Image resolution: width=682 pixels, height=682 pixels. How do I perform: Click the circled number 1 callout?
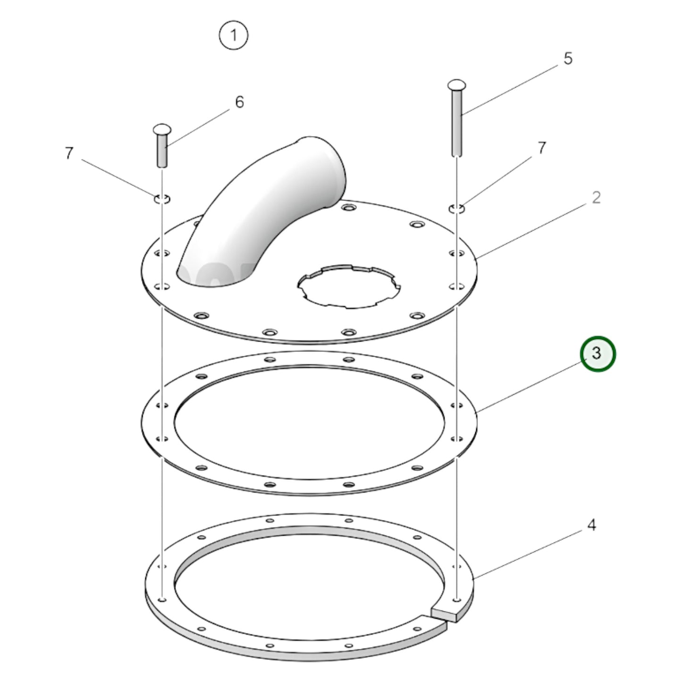point(233,35)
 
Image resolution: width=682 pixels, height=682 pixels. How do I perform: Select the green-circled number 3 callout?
point(597,354)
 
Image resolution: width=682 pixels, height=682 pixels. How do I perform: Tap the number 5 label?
point(568,59)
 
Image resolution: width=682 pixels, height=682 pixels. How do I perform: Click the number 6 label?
point(239,102)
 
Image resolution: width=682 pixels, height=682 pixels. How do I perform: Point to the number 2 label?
point(596,198)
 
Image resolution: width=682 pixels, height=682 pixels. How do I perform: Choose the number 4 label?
point(592,524)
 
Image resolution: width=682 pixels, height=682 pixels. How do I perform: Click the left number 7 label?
point(69,153)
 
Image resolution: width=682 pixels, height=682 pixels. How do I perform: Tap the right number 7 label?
point(542,148)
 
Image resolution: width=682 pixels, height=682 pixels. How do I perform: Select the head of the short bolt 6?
point(161,129)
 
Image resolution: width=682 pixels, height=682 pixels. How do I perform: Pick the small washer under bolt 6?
point(161,199)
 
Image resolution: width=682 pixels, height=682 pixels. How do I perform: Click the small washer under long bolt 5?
point(457,208)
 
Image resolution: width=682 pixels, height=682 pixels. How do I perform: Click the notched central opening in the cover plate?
point(349,286)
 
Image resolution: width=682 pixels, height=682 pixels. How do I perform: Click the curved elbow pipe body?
point(245,222)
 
